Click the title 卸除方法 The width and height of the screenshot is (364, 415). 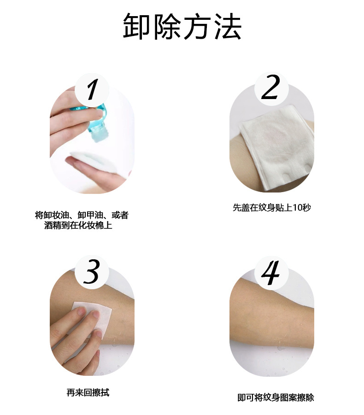tap(182, 26)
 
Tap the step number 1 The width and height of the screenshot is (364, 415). tap(92, 89)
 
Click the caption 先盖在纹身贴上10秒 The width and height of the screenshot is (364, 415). tap(272, 207)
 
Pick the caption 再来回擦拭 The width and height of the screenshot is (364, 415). tap(88, 393)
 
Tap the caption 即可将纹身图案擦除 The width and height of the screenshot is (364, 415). tap(276, 397)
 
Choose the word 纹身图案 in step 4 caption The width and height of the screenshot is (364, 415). tap(279, 397)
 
